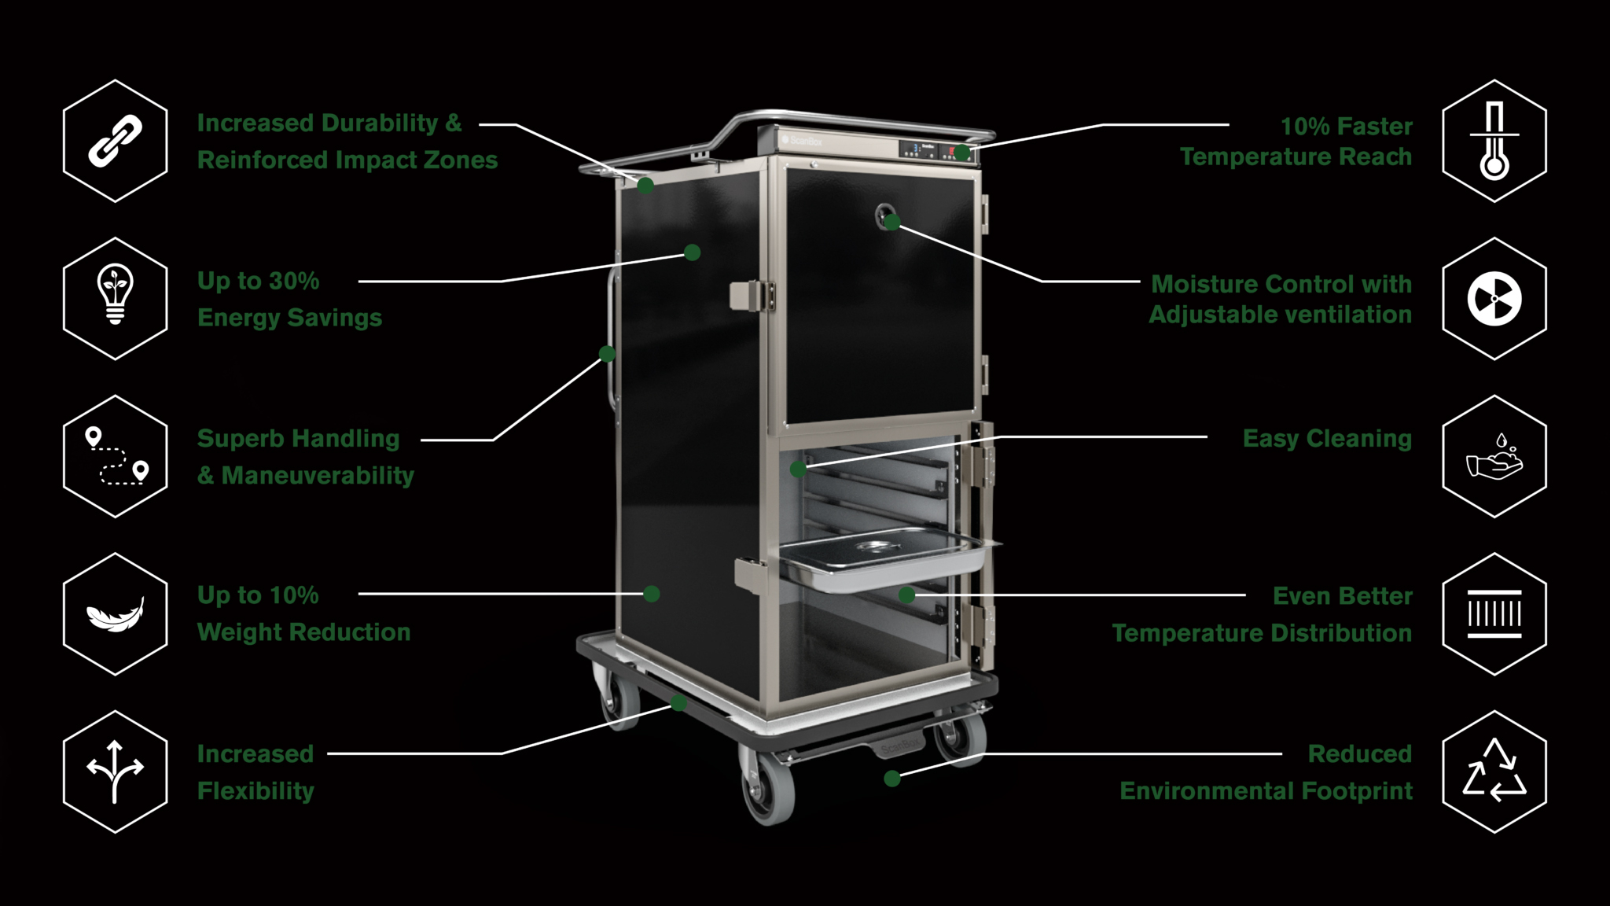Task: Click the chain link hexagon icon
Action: [x=115, y=141]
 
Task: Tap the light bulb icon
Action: [x=115, y=298]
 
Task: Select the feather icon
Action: [x=115, y=613]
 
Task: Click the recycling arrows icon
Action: [x=1494, y=772]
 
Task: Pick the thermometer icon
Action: [x=1494, y=142]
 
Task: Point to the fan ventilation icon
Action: [x=1494, y=299]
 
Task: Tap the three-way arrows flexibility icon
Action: [x=115, y=772]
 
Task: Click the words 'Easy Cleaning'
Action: [x=1327, y=439]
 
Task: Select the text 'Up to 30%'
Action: [x=258, y=281]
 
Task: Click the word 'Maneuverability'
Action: [x=318, y=476]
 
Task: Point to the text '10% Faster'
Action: [x=1346, y=126]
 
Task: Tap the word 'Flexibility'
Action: [x=255, y=791]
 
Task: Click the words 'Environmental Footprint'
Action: [x=1266, y=791]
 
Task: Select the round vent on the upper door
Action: [x=886, y=215]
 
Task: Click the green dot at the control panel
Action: [x=962, y=152]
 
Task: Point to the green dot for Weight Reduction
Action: [x=652, y=594]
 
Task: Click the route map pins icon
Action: [x=115, y=456]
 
